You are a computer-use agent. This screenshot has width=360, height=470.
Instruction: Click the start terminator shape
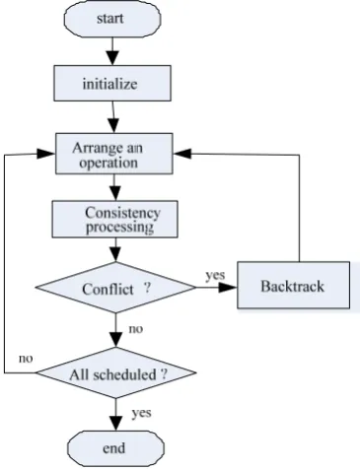[112, 19]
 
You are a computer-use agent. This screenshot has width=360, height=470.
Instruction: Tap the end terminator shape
[115, 448]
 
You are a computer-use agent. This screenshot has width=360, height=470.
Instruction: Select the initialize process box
[112, 83]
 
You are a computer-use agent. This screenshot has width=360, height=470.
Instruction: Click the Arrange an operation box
[113, 154]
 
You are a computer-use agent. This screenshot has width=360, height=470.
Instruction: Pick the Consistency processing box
[115, 219]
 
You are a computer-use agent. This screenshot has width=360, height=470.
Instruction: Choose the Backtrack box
[293, 285]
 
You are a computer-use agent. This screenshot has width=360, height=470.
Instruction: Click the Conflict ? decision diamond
[115, 288]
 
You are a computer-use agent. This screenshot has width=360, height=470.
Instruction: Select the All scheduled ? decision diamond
[115, 372]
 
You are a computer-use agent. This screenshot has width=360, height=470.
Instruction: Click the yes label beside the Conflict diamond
[215, 275]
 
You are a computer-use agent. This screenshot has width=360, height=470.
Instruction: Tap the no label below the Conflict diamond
[136, 329]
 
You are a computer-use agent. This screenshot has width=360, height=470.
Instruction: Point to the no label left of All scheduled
[26, 359]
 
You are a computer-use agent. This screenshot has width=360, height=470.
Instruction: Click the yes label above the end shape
[142, 413]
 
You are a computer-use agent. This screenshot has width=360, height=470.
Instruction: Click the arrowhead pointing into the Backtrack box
[228, 288]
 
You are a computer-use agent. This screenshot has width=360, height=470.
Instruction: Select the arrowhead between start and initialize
[112, 58]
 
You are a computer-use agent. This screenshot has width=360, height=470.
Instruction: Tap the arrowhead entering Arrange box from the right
[182, 153]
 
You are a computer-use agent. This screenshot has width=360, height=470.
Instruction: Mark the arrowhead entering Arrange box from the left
[45, 154]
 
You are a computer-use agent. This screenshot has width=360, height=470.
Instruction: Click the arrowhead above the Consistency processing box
[115, 193]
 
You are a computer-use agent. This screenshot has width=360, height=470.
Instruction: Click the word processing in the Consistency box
[119, 228]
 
